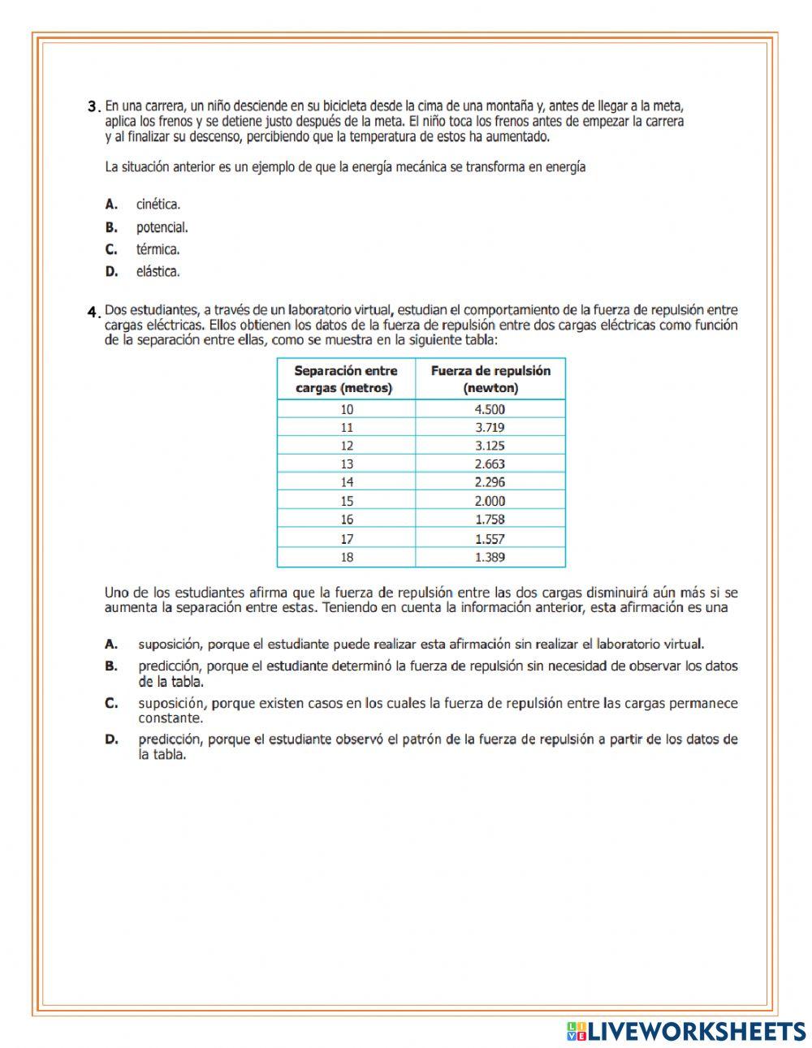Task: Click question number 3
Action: point(93,106)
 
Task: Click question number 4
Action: point(93,310)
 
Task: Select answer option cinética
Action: point(158,205)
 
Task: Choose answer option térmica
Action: point(158,249)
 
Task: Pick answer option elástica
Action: point(158,271)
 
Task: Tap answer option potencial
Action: point(162,227)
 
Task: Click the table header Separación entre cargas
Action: point(345,379)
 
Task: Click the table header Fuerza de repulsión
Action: point(490,379)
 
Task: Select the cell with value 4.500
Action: point(490,409)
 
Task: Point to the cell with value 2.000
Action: point(490,501)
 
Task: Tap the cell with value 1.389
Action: point(490,557)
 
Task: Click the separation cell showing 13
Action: point(347,464)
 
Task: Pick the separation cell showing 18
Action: point(347,557)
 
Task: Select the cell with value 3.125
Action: point(490,446)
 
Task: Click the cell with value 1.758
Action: point(490,520)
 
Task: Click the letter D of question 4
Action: point(111,740)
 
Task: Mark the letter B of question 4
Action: point(111,666)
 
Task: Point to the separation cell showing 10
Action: point(347,409)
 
